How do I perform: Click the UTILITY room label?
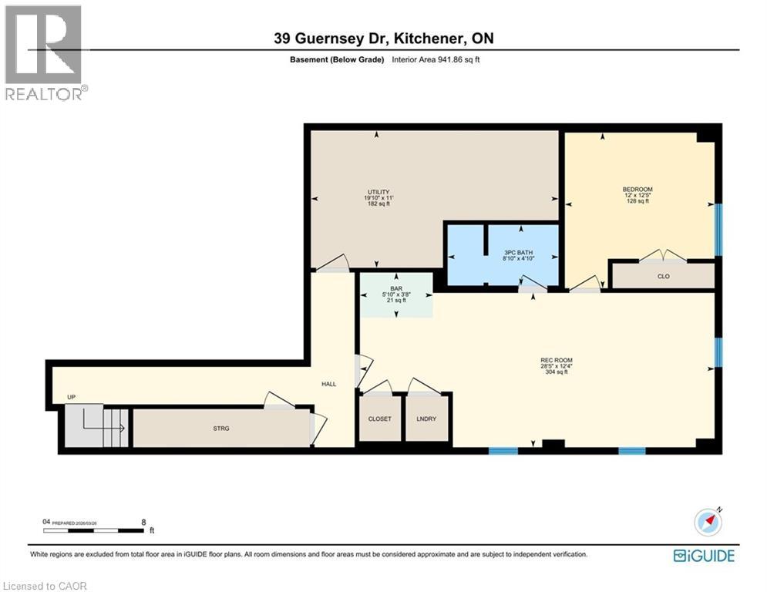[378, 193]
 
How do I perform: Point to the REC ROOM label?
[556, 360]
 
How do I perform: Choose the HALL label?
[329, 384]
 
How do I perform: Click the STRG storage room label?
[222, 428]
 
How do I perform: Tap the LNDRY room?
[427, 419]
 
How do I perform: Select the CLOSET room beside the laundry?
[379, 419]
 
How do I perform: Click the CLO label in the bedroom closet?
[663, 275]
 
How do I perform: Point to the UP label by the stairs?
[72, 398]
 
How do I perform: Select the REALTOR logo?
[44, 52]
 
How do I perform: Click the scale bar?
[93, 530]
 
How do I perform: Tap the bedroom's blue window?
[718, 230]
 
